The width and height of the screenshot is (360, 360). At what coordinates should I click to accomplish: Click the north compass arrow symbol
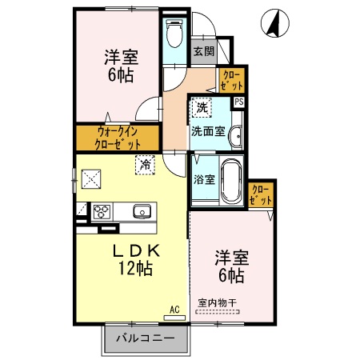pos(274,24)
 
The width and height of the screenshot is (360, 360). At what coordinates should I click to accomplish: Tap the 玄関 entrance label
pos(203,51)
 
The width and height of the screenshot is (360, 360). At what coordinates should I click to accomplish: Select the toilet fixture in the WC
pos(172,34)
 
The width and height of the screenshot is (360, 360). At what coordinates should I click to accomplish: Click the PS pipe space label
pos(238,102)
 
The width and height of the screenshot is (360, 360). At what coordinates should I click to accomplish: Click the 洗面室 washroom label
pos(206,132)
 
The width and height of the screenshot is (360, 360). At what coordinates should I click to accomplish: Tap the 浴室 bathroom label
pos(203,179)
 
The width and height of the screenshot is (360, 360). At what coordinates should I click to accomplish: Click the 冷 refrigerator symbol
pos(145,165)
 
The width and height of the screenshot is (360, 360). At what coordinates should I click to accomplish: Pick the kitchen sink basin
pos(142,212)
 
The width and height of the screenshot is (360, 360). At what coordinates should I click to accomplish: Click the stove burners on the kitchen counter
pos(102,212)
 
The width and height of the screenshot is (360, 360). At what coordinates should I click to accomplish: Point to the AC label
pos(174,308)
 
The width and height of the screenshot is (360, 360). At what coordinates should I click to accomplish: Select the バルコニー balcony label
pos(145,338)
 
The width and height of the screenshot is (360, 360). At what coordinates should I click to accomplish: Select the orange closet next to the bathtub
pos(261,194)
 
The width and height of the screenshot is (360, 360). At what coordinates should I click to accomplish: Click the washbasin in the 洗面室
pos(234,138)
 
